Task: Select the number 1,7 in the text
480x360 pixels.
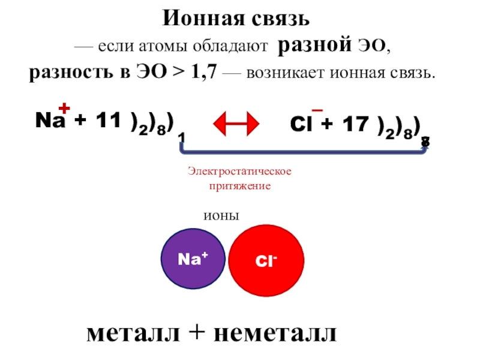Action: [205, 74]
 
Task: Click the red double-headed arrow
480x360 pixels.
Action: [236, 124]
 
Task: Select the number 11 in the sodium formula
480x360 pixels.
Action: [107, 121]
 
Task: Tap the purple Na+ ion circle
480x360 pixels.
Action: [193, 259]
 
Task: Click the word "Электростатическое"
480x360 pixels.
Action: [239, 172]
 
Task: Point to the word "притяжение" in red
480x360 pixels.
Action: [239, 186]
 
